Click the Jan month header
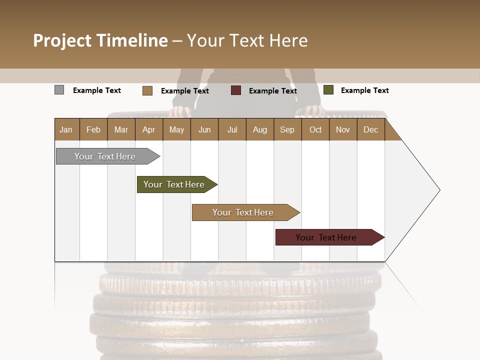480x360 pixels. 66,129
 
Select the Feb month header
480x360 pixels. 93,129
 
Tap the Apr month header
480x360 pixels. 148,129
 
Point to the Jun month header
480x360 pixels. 204,129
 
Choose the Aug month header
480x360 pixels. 259,129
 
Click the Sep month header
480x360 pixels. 287,129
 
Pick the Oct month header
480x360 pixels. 315,129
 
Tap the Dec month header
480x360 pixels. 370,129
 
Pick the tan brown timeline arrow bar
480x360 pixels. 243,212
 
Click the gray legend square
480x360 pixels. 59,90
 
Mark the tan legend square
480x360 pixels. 147,90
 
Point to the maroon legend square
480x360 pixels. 236,90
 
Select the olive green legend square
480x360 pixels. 328,90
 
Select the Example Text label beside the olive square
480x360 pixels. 364,90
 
